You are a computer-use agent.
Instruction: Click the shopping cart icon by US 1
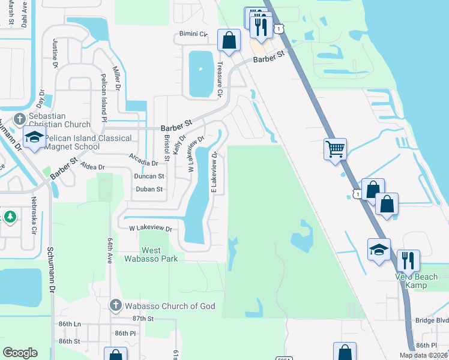[335, 148]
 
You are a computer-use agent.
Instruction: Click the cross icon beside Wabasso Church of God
[115, 305]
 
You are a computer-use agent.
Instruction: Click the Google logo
[20, 353]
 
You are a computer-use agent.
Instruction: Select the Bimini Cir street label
[193, 34]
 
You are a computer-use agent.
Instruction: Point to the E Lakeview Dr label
[213, 172]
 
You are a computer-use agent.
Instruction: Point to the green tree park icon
[10, 217]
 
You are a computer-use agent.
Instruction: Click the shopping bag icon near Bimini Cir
[229, 40]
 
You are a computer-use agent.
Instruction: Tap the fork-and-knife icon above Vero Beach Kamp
[408, 260]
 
